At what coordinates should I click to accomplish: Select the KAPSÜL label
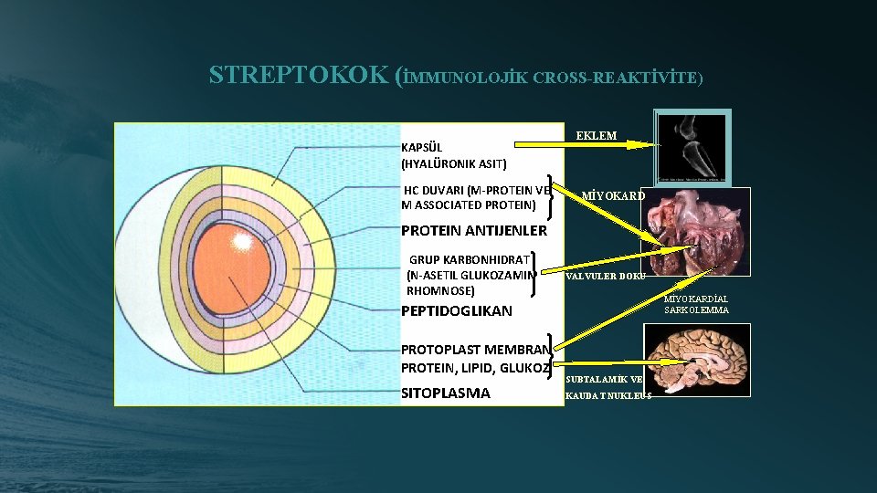(421, 146)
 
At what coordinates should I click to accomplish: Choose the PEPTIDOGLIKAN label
(457, 310)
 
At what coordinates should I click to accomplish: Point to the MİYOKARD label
(613, 195)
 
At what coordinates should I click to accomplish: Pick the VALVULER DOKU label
(606, 276)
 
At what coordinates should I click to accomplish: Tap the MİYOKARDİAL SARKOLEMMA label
(696, 304)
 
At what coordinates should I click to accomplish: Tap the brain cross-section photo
(697, 361)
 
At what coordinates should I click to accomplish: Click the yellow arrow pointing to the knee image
(585, 144)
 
